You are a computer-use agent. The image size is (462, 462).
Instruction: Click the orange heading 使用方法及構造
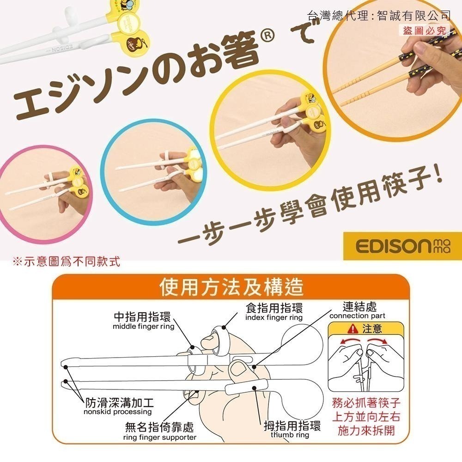coord(231,287)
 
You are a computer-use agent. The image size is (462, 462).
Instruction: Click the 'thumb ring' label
coord(290,435)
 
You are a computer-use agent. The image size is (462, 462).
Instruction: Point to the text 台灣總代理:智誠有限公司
coord(378,16)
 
